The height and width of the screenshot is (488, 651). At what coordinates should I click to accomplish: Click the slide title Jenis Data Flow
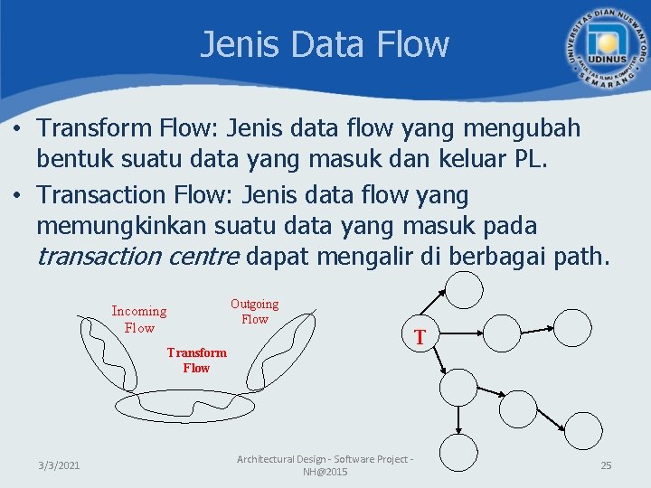coord(324,44)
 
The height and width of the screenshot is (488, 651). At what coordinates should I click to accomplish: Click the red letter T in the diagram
coord(420,338)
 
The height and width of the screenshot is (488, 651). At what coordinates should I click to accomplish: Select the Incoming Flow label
coord(139,319)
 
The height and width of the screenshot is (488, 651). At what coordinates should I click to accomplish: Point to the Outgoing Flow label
coord(255,312)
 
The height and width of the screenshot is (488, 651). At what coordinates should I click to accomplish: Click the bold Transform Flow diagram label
coord(196,360)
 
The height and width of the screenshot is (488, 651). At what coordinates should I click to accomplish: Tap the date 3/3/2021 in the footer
coord(59,465)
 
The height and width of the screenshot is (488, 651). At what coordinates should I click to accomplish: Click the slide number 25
coord(606,465)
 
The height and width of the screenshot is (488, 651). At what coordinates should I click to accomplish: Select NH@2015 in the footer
coord(325,473)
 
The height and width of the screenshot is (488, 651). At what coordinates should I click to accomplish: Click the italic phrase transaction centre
coord(137,256)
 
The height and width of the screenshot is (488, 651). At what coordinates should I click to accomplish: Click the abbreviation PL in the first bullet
coord(529,161)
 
